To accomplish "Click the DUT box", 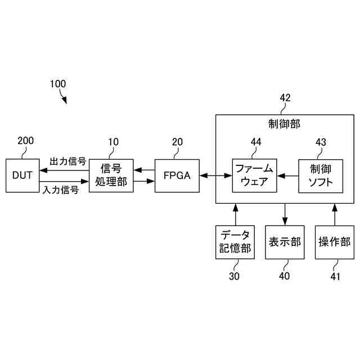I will click(x=22, y=175).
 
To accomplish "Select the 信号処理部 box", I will click(x=111, y=175).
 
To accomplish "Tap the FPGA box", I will click(x=177, y=175).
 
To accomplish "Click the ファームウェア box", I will click(x=254, y=175).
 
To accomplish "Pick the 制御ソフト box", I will click(x=321, y=175).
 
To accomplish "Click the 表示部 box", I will click(x=285, y=242).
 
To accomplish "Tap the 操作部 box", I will click(x=334, y=242).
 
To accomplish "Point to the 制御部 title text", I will click(x=285, y=124).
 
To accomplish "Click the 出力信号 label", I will click(x=67, y=161).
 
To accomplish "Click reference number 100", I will click(x=57, y=84).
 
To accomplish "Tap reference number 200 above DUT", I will click(x=26, y=141).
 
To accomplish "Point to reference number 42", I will click(x=285, y=98).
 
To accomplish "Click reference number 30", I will click(x=234, y=276).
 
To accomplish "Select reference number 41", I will click(x=335, y=276).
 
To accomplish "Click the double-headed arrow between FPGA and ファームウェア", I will click(x=215, y=176).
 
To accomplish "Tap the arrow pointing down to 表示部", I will click(x=285, y=214).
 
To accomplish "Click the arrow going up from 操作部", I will click(x=334, y=214).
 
